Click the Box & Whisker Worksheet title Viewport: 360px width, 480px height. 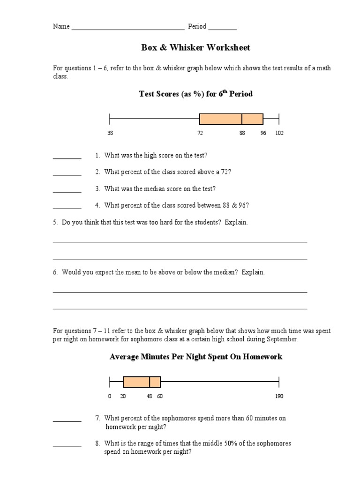click(x=195, y=48)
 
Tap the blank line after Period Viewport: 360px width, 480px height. click(x=222, y=29)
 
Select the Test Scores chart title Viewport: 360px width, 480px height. click(x=195, y=94)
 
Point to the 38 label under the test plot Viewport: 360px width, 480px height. click(x=110, y=133)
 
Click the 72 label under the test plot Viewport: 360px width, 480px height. click(x=200, y=133)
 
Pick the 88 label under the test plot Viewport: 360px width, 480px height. click(x=242, y=133)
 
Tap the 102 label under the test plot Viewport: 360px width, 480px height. click(x=279, y=133)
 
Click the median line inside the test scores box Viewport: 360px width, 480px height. click(x=242, y=119)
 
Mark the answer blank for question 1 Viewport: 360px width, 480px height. click(x=67, y=158)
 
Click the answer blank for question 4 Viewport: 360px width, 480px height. click(x=67, y=208)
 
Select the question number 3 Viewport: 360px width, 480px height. click(x=97, y=189)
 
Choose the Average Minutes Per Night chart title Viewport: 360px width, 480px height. click(x=195, y=357)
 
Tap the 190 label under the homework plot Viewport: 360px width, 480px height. click(x=279, y=397)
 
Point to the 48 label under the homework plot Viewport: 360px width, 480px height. click(x=150, y=397)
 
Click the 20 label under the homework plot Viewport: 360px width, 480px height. click(x=123, y=397)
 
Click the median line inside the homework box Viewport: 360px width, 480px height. click(x=150, y=382)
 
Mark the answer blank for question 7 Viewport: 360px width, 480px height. click(x=67, y=421)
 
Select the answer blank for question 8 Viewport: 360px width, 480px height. click(x=67, y=446)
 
